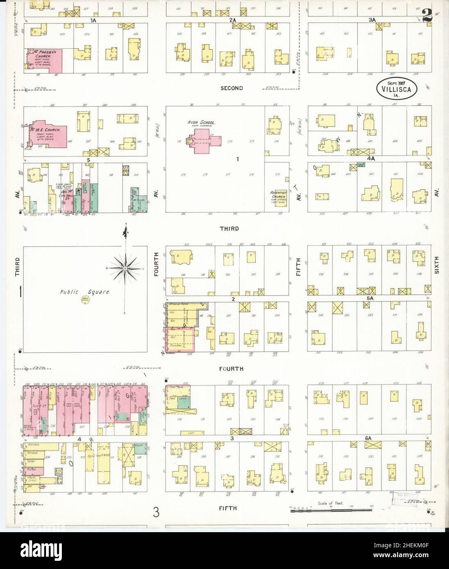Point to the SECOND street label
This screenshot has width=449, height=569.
(231, 88)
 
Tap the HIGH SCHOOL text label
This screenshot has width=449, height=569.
(202, 122)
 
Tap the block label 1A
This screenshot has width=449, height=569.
(82, 20)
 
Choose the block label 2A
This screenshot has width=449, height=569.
(233, 20)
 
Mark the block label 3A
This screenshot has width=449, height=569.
(372, 20)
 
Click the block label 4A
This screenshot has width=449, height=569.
(371, 158)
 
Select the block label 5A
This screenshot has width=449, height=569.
(370, 299)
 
